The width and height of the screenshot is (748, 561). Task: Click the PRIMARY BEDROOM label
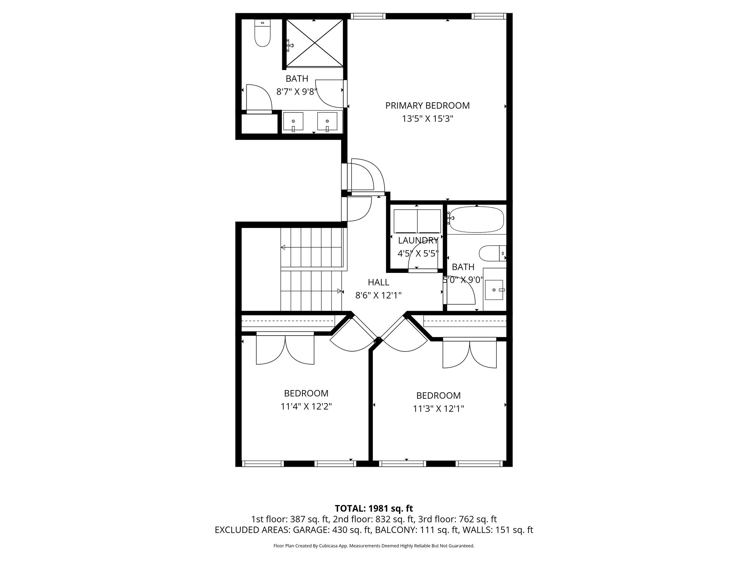point(427,106)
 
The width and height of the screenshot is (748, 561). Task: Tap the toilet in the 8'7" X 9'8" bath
point(262,35)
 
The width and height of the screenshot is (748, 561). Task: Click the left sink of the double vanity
point(293,122)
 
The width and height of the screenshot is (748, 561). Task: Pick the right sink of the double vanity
point(327,122)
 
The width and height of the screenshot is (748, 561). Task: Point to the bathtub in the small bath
point(476,219)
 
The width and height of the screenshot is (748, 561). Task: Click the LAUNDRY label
point(418,240)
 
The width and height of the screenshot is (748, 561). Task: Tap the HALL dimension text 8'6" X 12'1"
point(378,295)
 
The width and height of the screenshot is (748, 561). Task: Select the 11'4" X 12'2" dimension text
point(306,407)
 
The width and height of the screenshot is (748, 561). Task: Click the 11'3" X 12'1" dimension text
point(438,409)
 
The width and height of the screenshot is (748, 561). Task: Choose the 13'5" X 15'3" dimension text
point(427,119)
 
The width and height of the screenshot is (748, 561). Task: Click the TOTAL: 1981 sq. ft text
point(374,508)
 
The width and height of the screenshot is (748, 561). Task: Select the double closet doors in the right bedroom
point(470,354)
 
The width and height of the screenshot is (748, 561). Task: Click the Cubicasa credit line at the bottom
point(374,546)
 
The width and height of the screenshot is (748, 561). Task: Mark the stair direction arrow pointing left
point(283,248)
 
